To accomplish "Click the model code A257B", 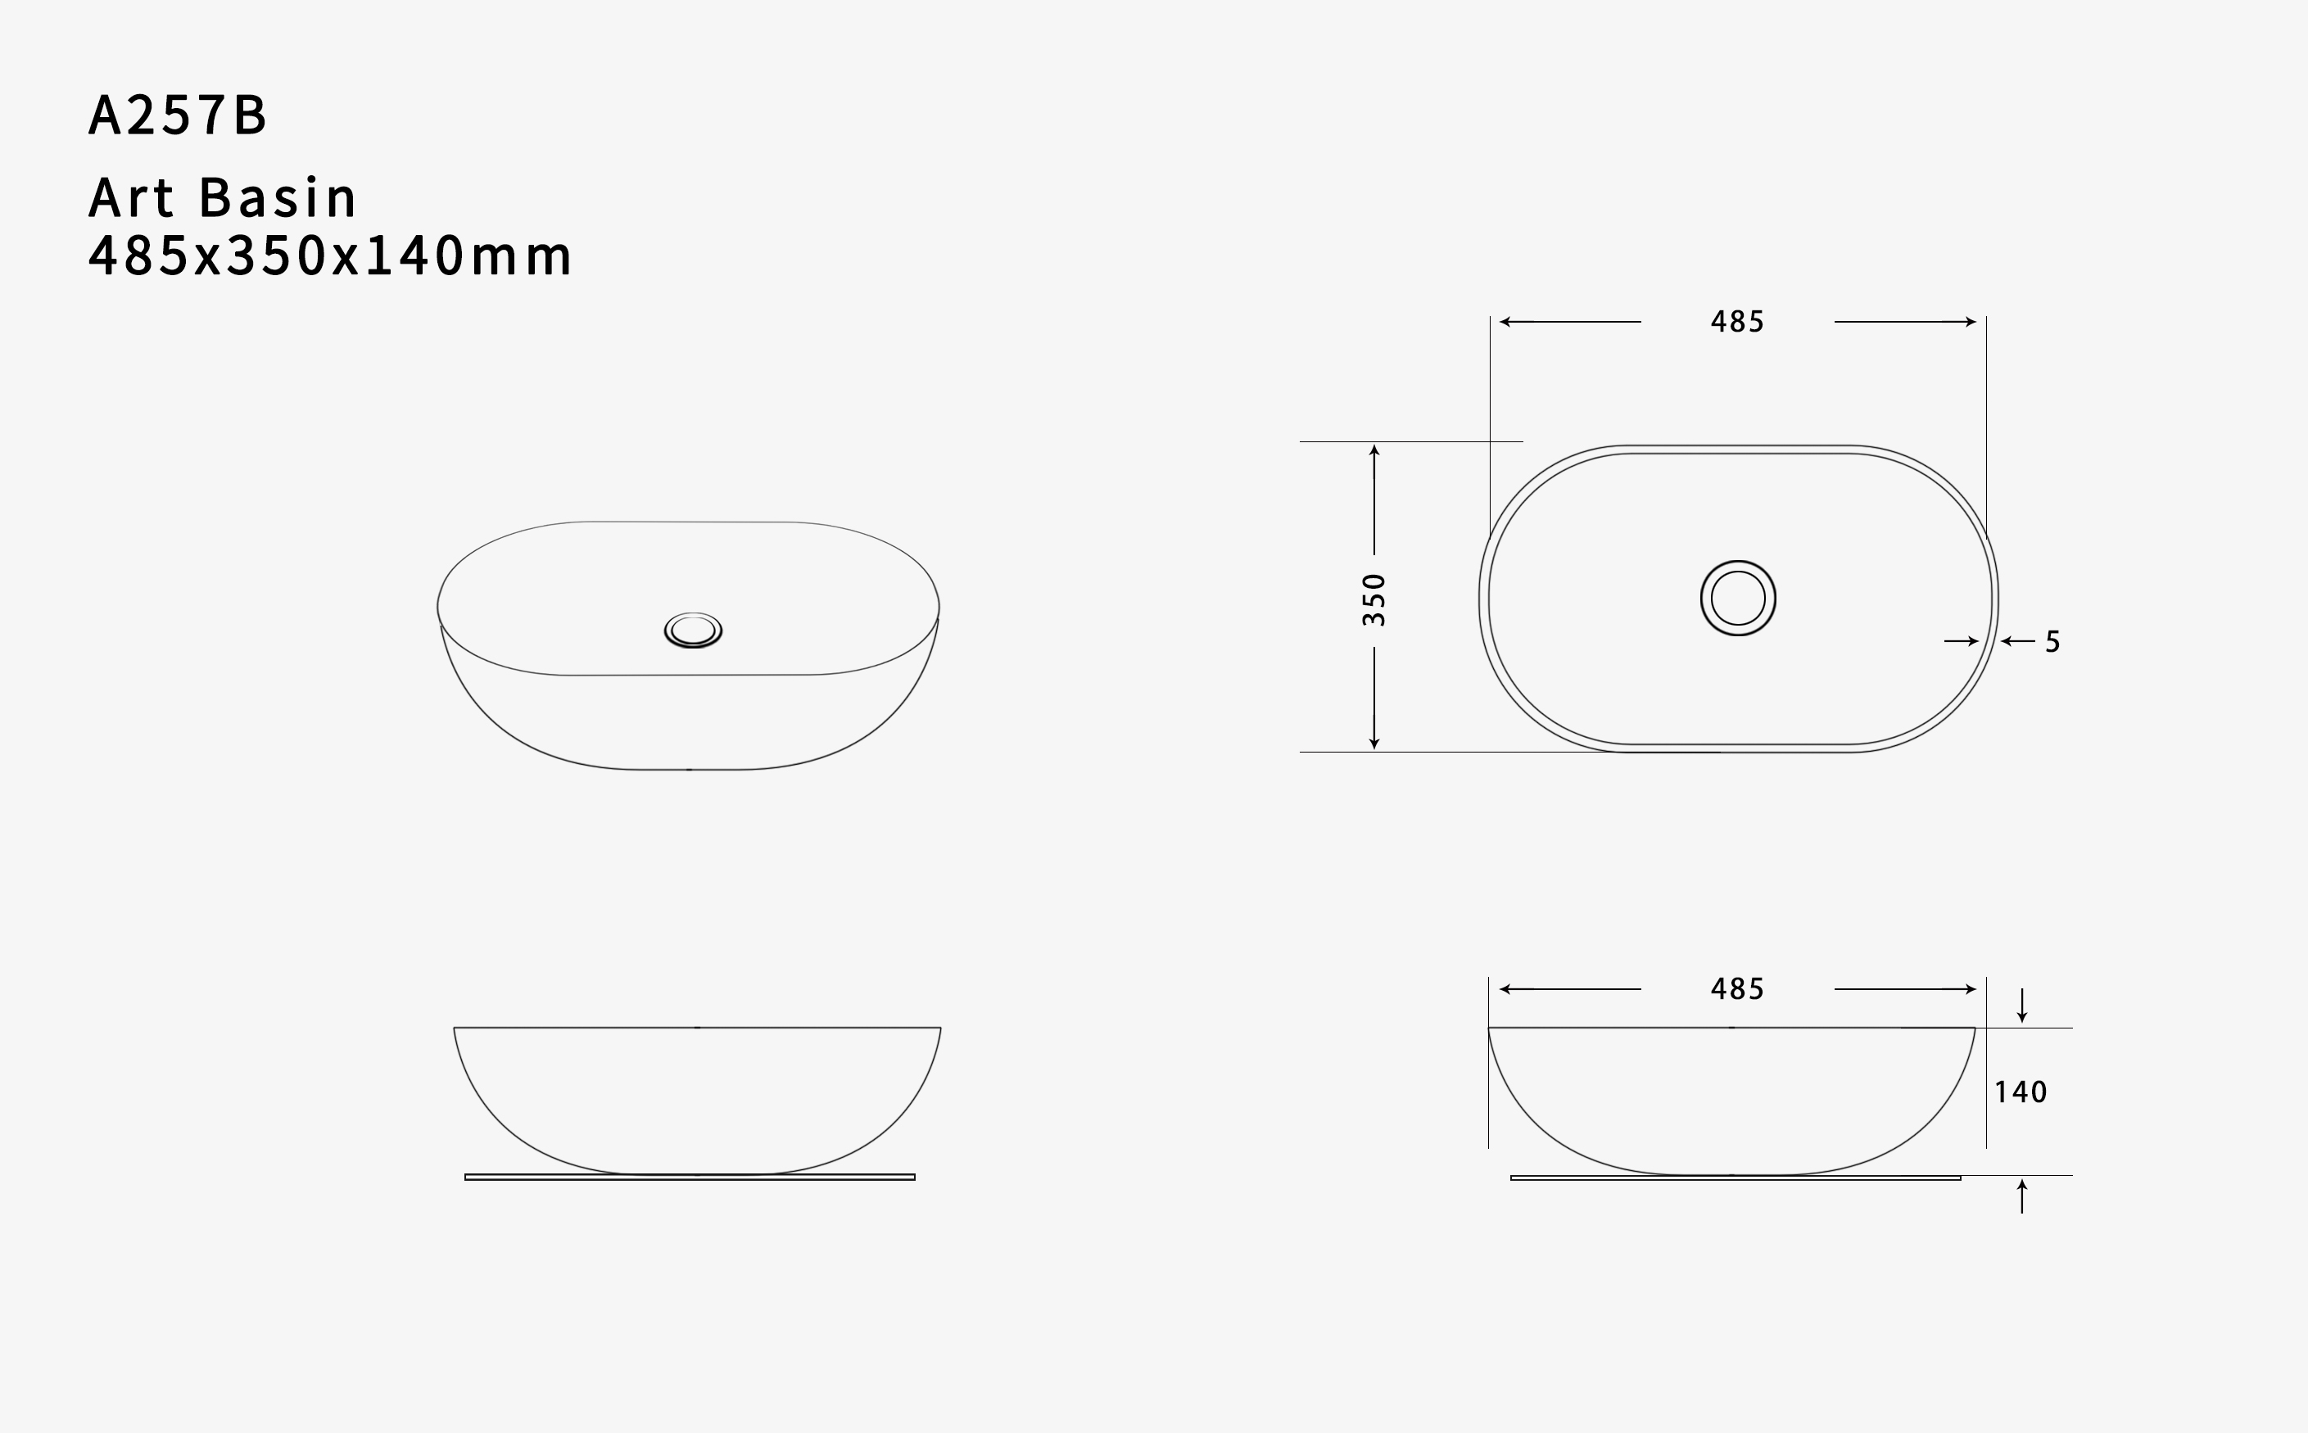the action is point(177,115).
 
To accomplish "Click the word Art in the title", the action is point(132,197).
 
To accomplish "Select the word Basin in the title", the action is point(278,197).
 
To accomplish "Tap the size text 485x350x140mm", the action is point(330,255).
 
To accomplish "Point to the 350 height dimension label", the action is point(1374,599).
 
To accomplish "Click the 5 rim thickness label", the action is point(2053,642).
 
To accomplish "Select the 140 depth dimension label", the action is point(2021,1092).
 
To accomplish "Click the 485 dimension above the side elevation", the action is point(1737,989).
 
